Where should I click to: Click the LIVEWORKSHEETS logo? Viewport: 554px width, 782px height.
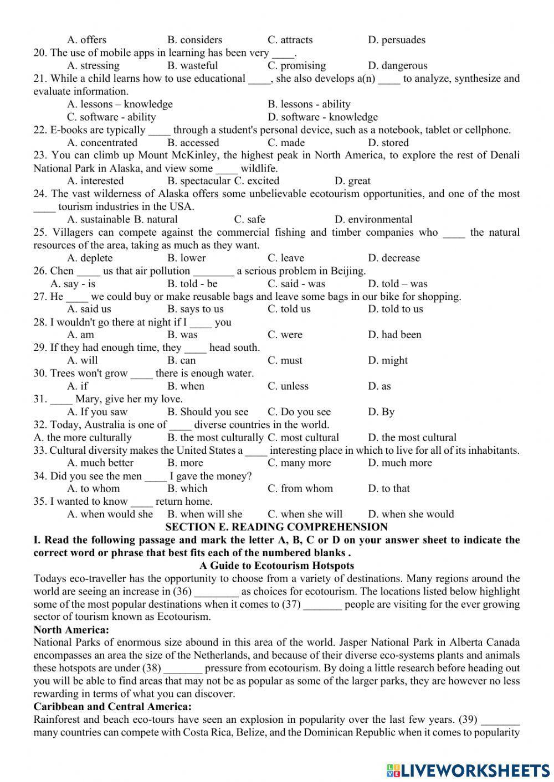pyautogui.click(x=468, y=770)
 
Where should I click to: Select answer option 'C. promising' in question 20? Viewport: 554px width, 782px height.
pyautogui.click(x=296, y=66)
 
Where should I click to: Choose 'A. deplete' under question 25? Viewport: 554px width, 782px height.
pyautogui.click(x=90, y=258)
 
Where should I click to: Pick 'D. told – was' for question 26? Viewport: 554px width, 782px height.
pyautogui.click(x=397, y=284)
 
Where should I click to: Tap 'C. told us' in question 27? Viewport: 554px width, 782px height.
pyautogui.click(x=289, y=309)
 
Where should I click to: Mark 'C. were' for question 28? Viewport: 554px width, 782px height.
pyautogui.click(x=285, y=335)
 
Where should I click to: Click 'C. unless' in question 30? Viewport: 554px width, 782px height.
pyautogui.click(x=288, y=386)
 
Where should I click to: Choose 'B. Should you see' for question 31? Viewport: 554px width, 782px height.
pyautogui.click(x=208, y=412)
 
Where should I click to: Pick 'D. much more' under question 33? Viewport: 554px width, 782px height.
pyautogui.click(x=399, y=463)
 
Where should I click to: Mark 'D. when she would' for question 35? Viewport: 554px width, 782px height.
pyautogui.click(x=411, y=514)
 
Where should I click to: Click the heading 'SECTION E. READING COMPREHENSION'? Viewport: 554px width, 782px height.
pyautogui.click(x=276, y=527)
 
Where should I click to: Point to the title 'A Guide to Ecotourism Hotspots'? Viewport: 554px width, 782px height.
pyautogui.click(x=276, y=566)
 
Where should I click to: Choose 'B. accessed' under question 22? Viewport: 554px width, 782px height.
pyautogui.click(x=193, y=143)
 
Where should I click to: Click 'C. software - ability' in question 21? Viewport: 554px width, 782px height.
pyautogui.click(x=111, y=117)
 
